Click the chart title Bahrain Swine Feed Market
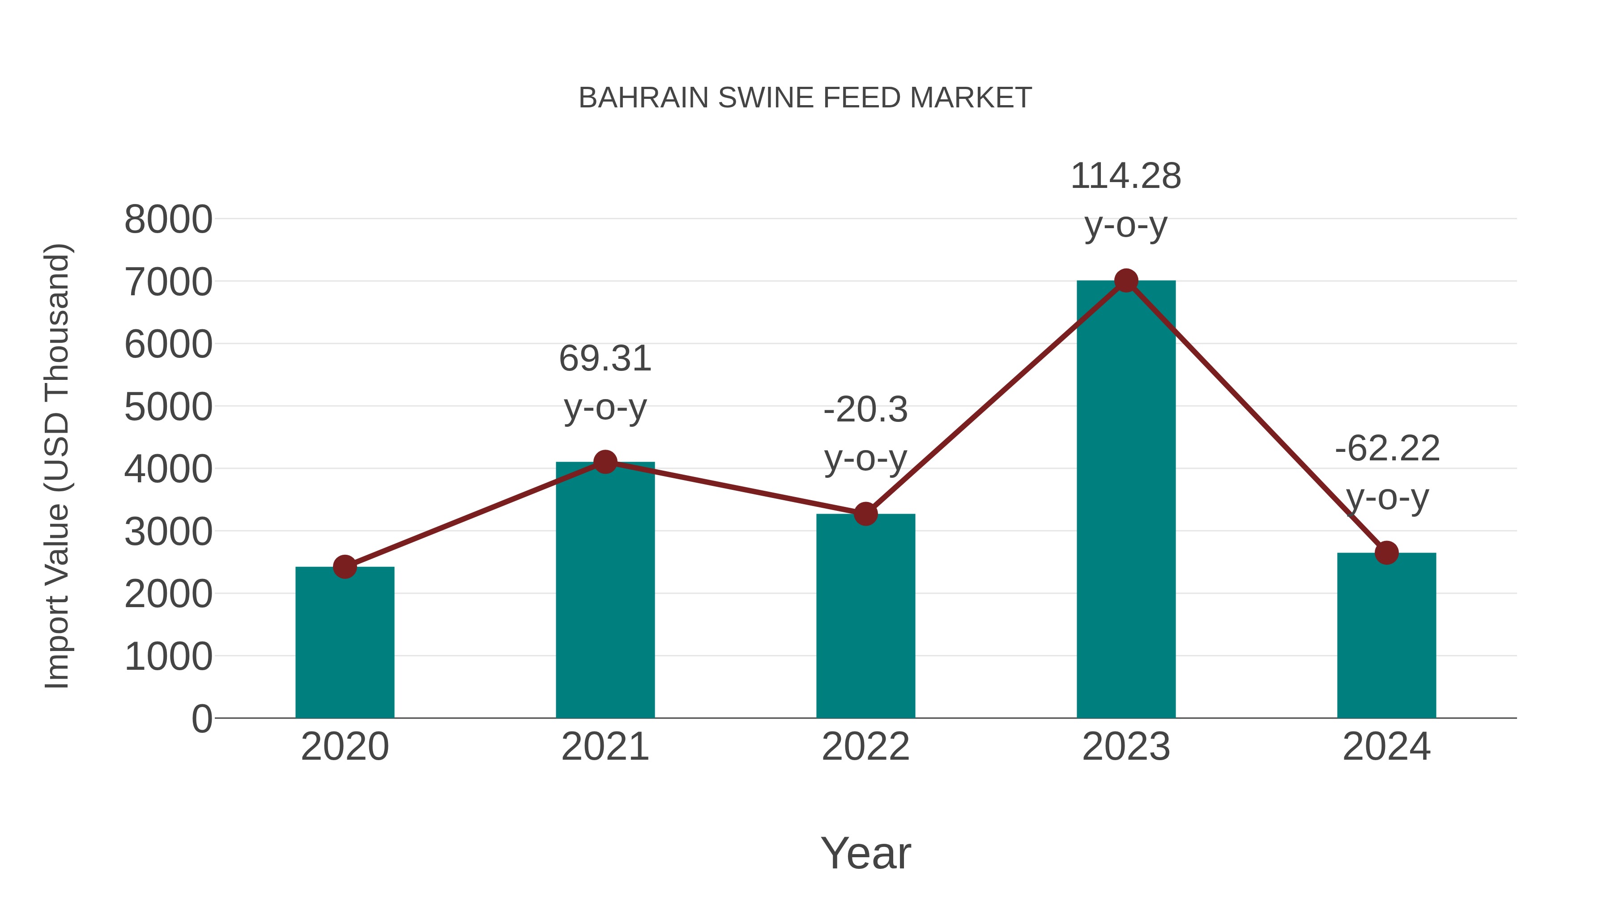[805, 98]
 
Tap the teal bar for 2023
[1126, 500]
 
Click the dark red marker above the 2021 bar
[605, 462]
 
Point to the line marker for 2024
[1386, 553]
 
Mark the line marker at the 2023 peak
[1126, 281]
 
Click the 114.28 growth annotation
[1126, 176]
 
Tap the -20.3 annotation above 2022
[865, 410]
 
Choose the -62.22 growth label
[1386, 449]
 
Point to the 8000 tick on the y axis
[168, 220]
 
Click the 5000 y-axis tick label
[168, 407]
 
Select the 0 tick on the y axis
[201, 719]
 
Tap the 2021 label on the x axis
[605, 747]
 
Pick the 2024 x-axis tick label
[1386, 747]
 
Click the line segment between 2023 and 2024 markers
[1256, 417]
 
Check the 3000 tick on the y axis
[168, 532]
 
